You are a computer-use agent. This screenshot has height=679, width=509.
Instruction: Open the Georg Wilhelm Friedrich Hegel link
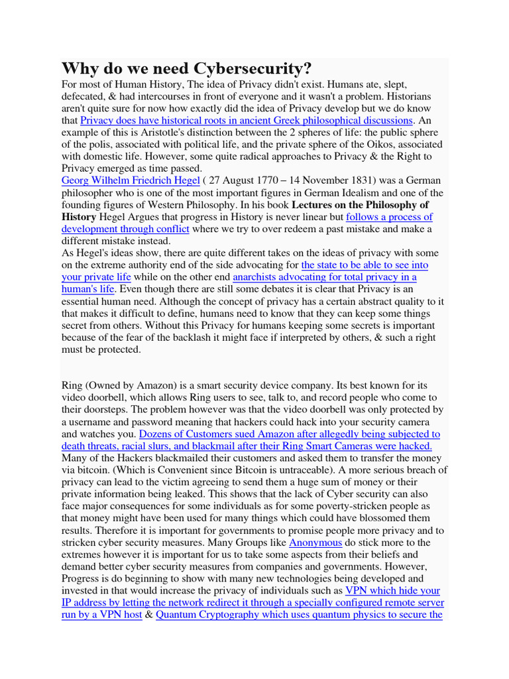[131, 180]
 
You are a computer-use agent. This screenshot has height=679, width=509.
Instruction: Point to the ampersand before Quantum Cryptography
[148, 615]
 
